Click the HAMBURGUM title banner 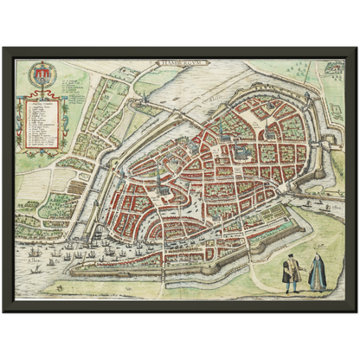click(x=179, y=63)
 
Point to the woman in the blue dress click(x=317, y=274)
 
